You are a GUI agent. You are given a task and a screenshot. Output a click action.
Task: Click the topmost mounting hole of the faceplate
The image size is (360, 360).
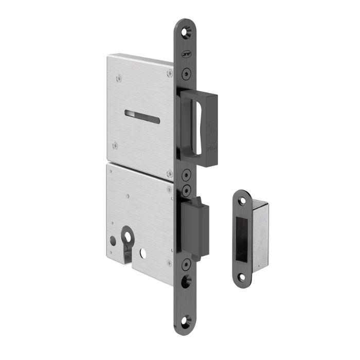(x=186, y=32)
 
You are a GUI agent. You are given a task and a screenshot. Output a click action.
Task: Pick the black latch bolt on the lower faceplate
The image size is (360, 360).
(x=196, y=226)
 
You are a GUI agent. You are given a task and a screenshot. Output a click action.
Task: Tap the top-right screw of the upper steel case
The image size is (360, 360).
(x=170, y=73)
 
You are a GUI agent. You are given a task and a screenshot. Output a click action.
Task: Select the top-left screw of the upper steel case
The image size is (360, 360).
(x=119, y=78)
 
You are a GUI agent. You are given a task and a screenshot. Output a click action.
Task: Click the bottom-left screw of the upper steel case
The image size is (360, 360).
(x=115, y=146)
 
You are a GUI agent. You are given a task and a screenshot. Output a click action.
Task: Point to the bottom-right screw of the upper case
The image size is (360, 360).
(x=169, y=173)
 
